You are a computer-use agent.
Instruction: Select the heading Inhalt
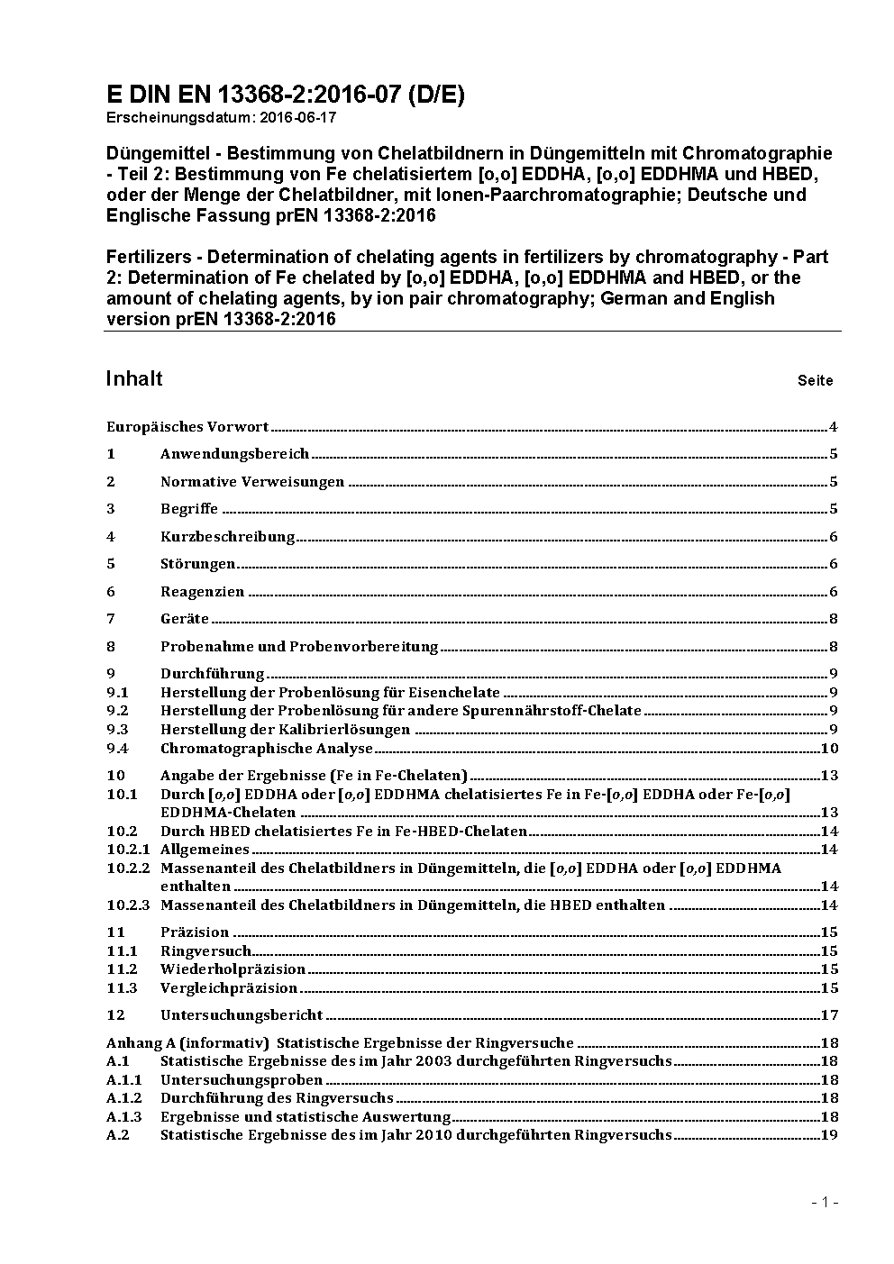(x=134, y=378)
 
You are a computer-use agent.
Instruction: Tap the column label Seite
(x=815, y=380)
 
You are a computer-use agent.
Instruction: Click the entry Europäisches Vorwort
(x=187, y=426)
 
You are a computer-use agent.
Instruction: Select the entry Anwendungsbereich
(x=234, y=454)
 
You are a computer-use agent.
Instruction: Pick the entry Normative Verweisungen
(x=252, y=482)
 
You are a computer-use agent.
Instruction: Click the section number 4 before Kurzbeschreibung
(x=111, y=537)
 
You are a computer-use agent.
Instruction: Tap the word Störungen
(x=197, y=564)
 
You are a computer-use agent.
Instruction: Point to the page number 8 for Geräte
(x=834, y=619)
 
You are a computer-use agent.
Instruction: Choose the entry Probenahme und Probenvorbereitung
(x=299, y=646)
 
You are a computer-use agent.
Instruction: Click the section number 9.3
(x=117, y=730)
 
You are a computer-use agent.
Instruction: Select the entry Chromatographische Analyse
(x=267, y=749)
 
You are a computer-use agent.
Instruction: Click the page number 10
(x=829, y=749)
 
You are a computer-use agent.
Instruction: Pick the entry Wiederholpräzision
(x=233, y=969)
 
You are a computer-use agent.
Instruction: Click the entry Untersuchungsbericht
(x=242, y=1015)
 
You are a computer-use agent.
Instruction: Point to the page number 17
(x=829, y=1015)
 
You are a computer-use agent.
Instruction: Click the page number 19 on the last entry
(x=829, y=1135)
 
